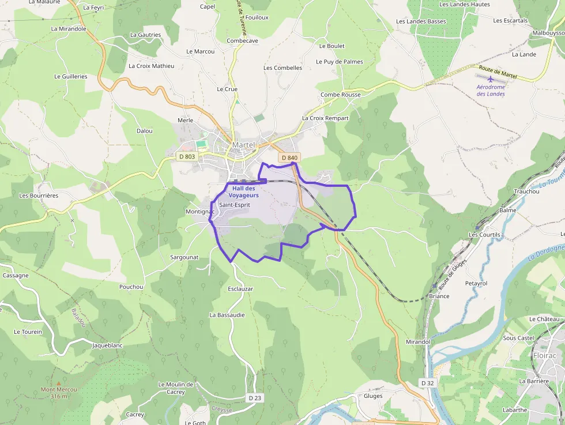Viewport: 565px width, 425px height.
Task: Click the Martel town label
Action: (x=243, y=145)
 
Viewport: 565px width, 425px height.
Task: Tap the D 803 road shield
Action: (x=187, y=156)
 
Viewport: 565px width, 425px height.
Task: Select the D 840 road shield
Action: (x=289, y=158)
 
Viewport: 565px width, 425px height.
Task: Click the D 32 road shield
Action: (x=427, y=383)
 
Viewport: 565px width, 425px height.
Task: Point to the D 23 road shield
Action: (x=255, y=398)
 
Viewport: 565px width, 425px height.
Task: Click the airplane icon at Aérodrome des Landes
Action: (x=491, y=79)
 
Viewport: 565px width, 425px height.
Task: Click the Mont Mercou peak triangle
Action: (x=58, y=383)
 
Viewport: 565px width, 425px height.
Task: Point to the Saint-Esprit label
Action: (x=235, y=205)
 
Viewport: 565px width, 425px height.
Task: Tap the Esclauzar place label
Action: (x=240, y=289)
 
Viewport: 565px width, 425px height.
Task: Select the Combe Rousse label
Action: (x=341, y=95)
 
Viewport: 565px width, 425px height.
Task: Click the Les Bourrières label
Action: (x=39, y=195)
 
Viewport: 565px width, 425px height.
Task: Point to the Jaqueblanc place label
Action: (x=108, y=345)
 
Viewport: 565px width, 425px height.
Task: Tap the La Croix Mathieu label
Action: (x=151, y=66)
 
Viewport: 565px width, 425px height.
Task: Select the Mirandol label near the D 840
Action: (x=418, y=342)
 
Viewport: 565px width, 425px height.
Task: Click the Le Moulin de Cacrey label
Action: (x=176, y=388)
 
